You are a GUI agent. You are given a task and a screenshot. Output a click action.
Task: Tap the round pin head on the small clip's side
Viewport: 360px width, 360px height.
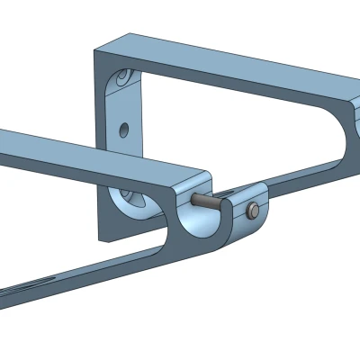[x=253, y=211]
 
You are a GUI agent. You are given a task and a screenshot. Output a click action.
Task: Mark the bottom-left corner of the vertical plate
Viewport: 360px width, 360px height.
[x=99, y=240]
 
